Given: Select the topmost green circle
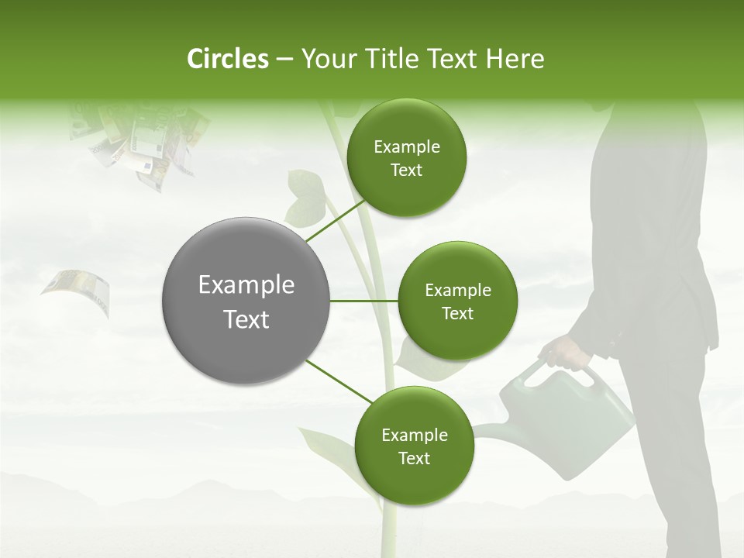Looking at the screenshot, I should coord(407,158).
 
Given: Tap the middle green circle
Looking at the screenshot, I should coord(458,301).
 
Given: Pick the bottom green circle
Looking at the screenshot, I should coord(414,446).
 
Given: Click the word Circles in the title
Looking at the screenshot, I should coord(228,59).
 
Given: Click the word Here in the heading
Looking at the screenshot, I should coord(516,59).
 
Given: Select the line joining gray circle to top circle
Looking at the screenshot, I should coord(335,222).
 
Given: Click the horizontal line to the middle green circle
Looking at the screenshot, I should coord(364,301).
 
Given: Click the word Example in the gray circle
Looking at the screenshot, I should coord(246,285).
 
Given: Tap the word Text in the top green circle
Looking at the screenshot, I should coord(407,170).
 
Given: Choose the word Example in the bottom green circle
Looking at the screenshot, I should coord(415,435).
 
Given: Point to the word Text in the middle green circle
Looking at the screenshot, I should coord(458,313).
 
